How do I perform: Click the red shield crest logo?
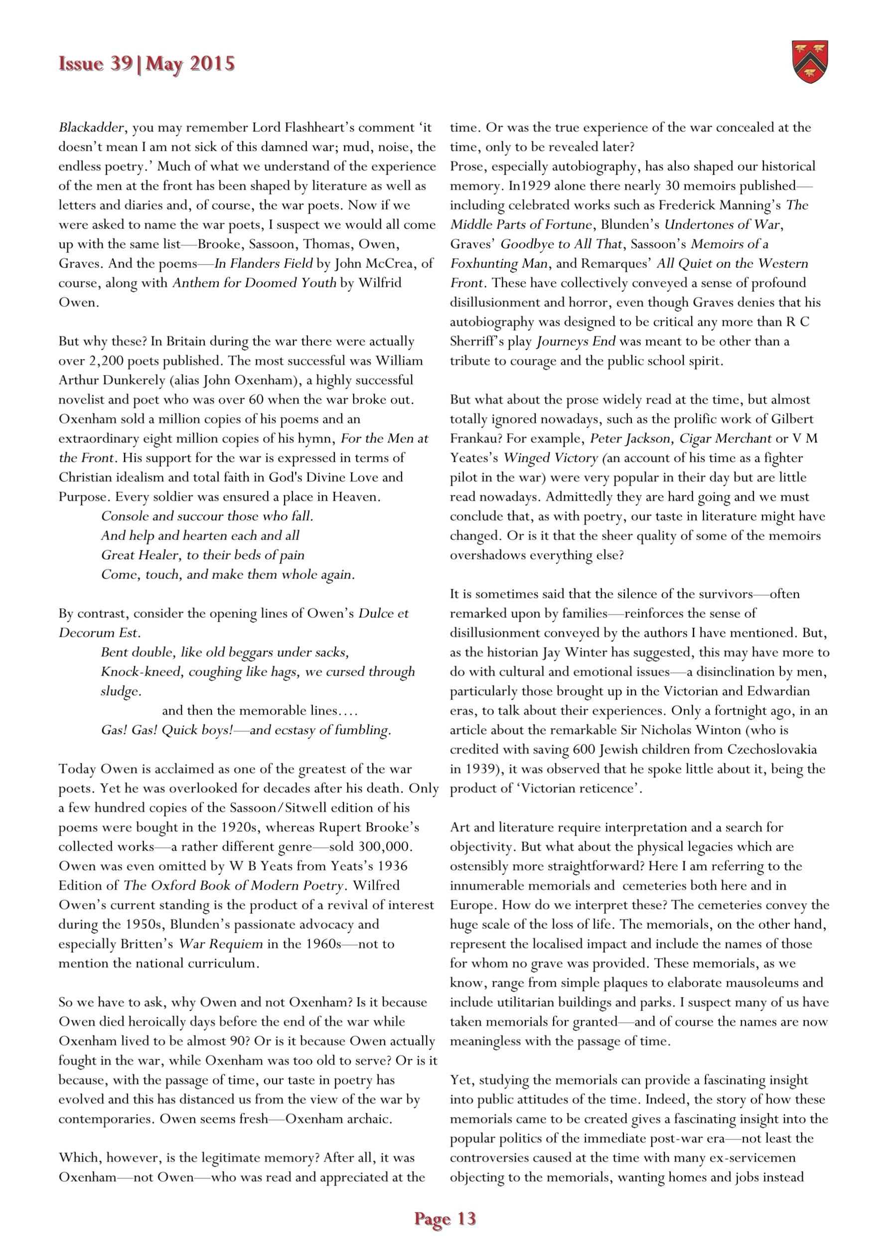[x=810, y=62]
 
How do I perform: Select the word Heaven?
[x=357, y=497]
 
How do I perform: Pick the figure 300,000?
[x=383, y=847]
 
